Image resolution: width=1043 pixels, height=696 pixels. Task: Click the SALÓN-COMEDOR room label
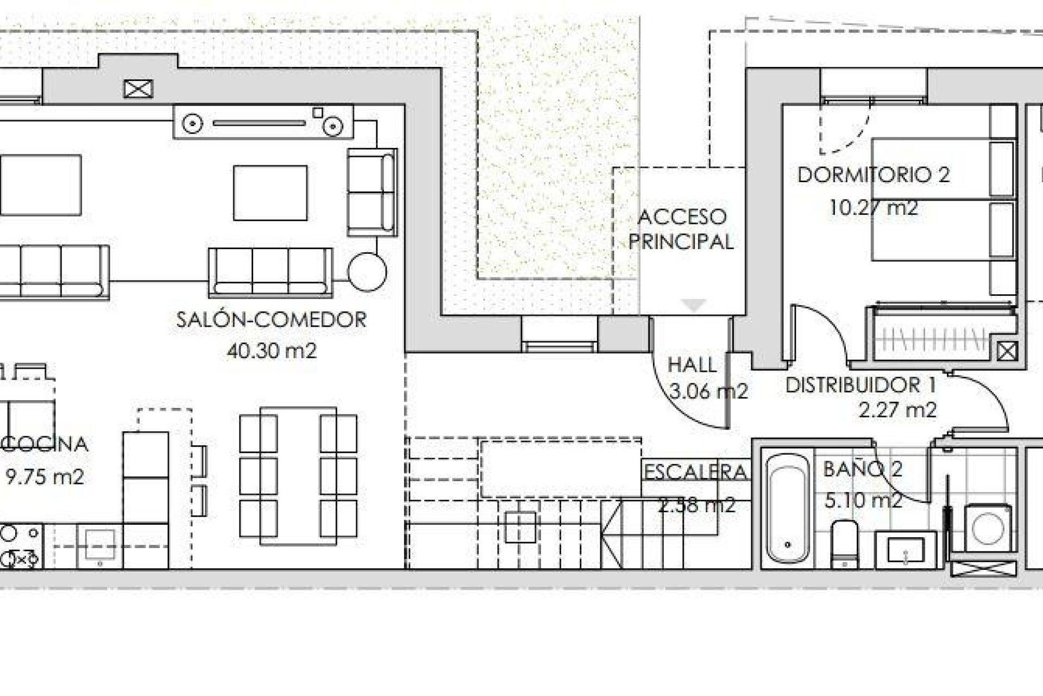point(271,319)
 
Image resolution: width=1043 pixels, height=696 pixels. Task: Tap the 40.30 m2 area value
point(271,351)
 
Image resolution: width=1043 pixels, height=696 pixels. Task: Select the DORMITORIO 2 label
point(874,175)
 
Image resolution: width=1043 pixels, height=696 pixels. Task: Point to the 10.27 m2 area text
point(874,208)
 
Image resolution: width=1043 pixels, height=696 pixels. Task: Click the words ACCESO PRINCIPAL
point(681,229)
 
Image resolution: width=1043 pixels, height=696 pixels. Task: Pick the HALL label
point(692,365)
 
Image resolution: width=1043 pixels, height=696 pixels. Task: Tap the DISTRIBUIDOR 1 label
point(860,385)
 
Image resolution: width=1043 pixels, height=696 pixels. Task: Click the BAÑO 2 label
point(863,469)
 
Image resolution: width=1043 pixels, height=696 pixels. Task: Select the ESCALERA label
point(695,472)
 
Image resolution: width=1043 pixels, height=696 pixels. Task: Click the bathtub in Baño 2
point(788,508)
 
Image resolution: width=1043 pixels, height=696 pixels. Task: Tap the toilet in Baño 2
point(845,544)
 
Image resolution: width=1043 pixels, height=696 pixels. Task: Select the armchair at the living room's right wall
point(372,192)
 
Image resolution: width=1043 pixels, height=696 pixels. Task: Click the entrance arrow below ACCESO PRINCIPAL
point(693,305)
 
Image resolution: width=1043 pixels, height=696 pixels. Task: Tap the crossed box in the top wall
point(139,89)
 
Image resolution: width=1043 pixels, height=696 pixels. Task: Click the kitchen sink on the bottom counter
point(100,545)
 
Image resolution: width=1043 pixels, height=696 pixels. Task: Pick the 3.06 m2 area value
point(708,391)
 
